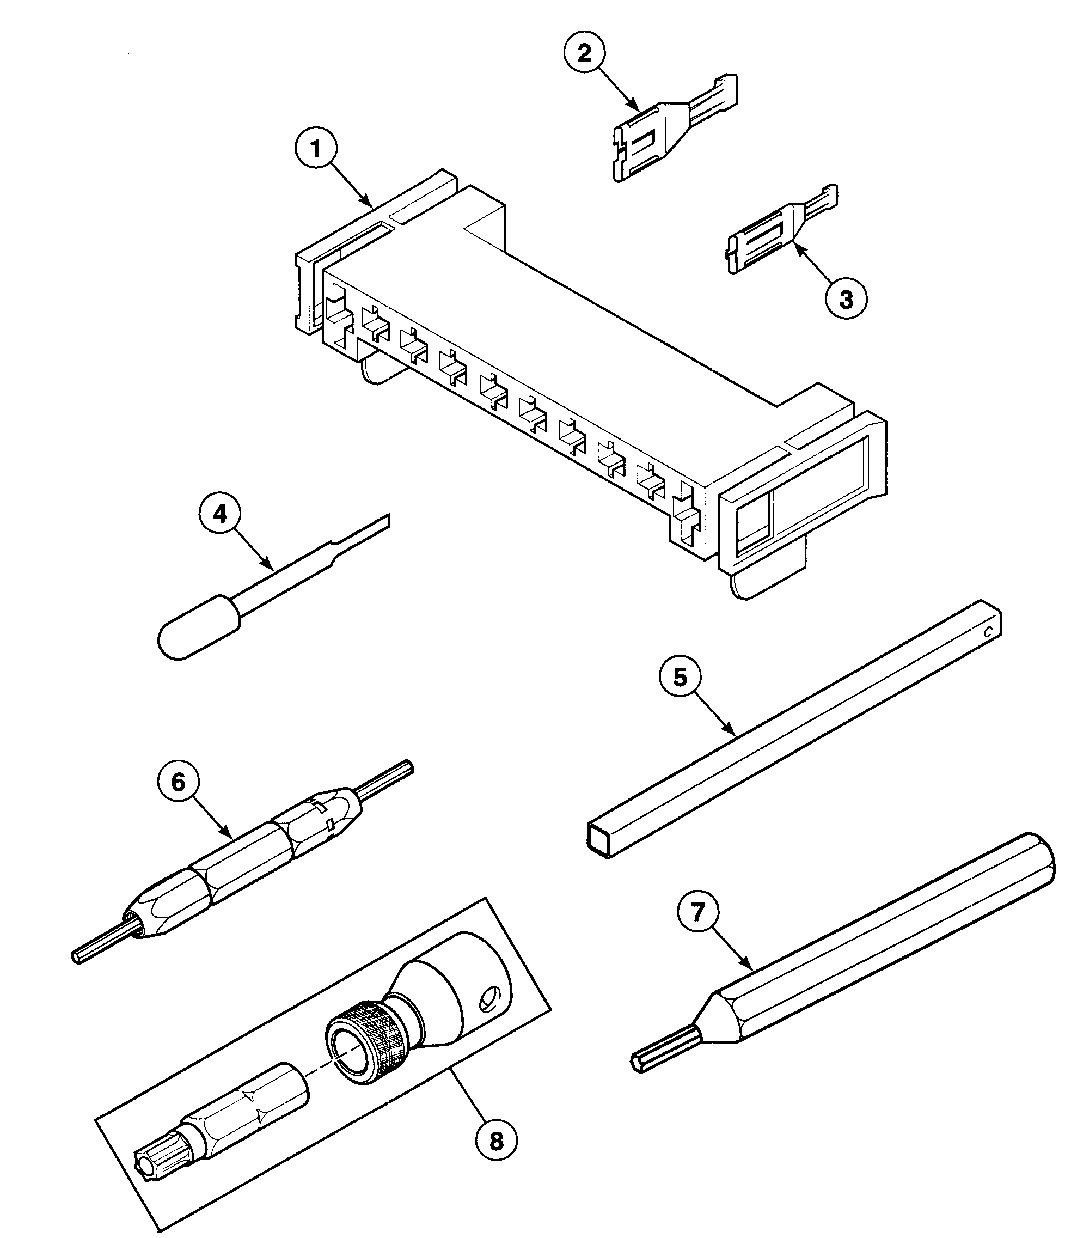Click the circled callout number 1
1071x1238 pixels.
tap(316, 149)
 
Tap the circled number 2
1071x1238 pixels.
tap(584, 53)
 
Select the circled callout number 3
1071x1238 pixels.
tap(846, 300)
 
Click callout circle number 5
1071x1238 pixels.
tap(681, 678)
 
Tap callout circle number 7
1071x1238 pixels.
tap(698, 912)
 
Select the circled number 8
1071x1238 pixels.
tap(497, 1142)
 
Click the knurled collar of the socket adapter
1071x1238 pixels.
tap(365, 1047)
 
